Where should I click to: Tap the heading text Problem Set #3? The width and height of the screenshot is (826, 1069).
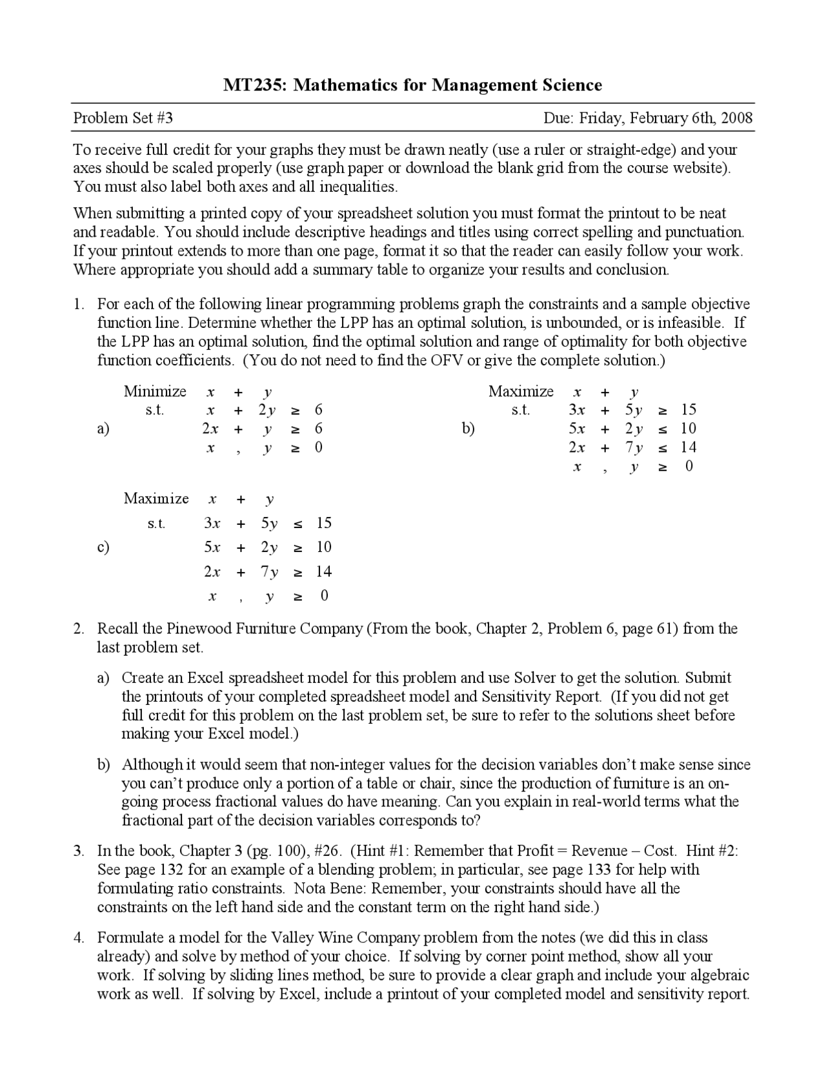(123, 118)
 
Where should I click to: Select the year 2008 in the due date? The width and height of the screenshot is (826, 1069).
(737, 118)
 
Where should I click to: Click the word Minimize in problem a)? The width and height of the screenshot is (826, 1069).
(155, 391)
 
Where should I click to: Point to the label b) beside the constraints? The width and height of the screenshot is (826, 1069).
(468, 429)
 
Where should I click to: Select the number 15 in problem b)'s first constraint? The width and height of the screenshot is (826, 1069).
(689, 410)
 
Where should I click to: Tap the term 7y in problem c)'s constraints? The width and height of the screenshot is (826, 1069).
(269, 572)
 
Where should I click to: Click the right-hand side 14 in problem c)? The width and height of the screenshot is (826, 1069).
(323, 572)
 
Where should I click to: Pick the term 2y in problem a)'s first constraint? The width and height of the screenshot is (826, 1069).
(267, 410)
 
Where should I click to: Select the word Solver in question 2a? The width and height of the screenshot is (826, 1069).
(534, 678)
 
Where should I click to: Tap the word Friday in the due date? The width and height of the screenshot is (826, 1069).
(601, 118)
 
